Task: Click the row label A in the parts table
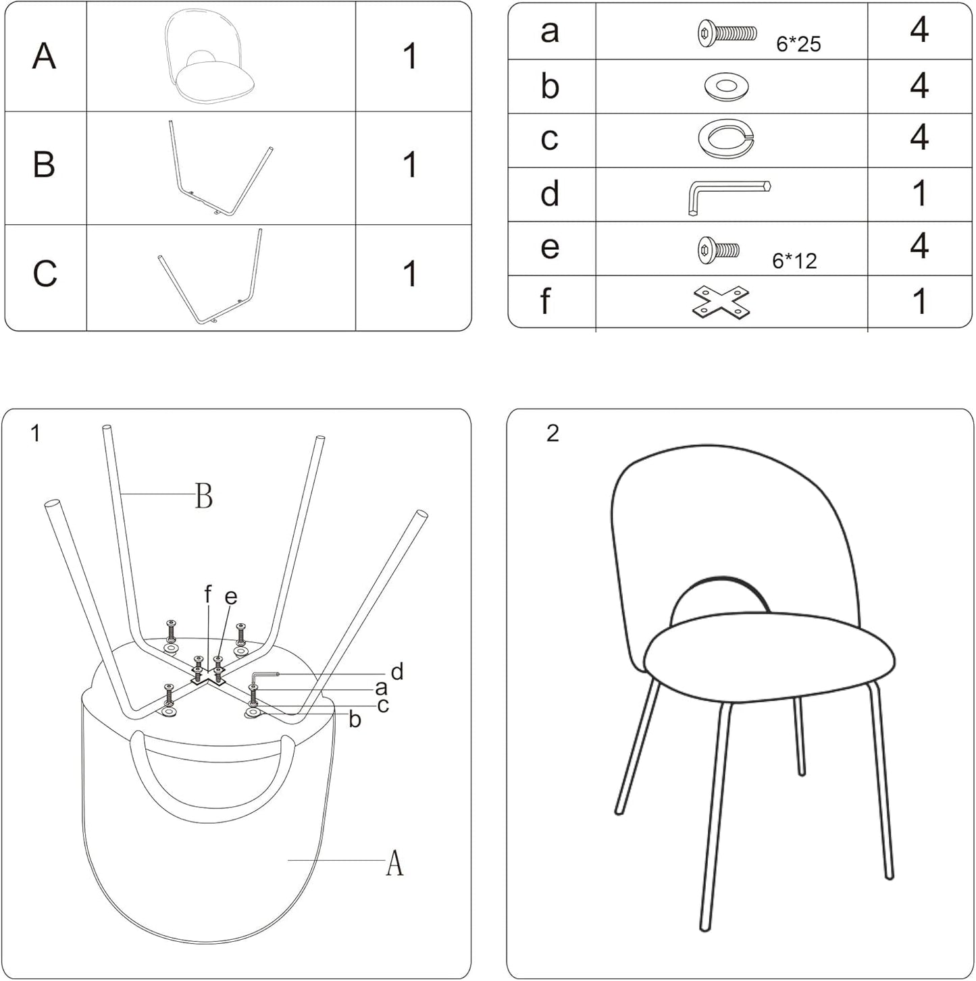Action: (x=44, y=56)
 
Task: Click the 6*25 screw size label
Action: (x=798, y=45)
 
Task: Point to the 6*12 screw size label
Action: (x=794, y=261)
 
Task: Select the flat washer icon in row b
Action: (x=725, y=86)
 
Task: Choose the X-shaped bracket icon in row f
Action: (x=721, y=302)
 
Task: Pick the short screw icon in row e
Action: (x=718, y=250)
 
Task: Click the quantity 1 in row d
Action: (x=919, y=194)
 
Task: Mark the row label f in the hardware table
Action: (x=546, y=302)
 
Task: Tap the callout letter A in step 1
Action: (x=394, y=862)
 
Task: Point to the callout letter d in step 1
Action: (x=397, y=671)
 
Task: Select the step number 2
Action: (x=553, y=433)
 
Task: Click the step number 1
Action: (x=36, y=433)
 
